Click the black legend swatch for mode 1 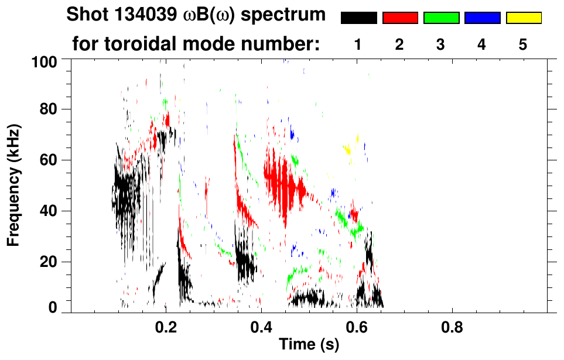358,18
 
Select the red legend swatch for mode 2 400,18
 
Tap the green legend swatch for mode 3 441,18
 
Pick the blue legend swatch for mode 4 482,18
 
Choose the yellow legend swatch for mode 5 524,18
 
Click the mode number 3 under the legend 441,45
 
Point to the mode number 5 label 524,45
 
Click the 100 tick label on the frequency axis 45,61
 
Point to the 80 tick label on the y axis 50,109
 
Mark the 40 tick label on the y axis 50,211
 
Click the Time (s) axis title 308,345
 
